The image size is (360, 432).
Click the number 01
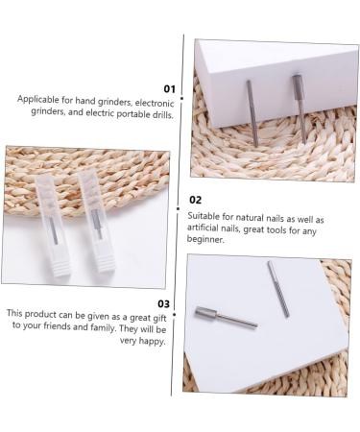[x=169, y=88]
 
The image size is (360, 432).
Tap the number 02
[x=195, y=200]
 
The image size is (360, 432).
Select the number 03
[x=163, y=303]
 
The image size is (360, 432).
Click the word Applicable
[x=36, y=99]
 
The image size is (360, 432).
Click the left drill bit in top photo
[x=252, y=112]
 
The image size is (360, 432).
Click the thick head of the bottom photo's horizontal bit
[x=206, y=313]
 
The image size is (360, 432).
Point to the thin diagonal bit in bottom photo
[x=277, y=288]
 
